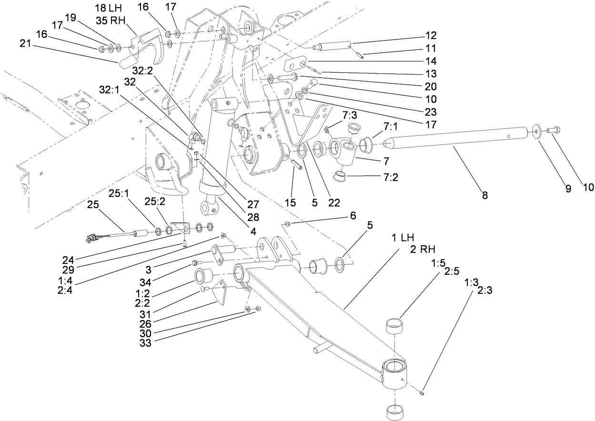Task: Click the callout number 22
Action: (334, 202)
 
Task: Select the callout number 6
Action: (352, 215)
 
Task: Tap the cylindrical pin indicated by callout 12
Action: (333, 46)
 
